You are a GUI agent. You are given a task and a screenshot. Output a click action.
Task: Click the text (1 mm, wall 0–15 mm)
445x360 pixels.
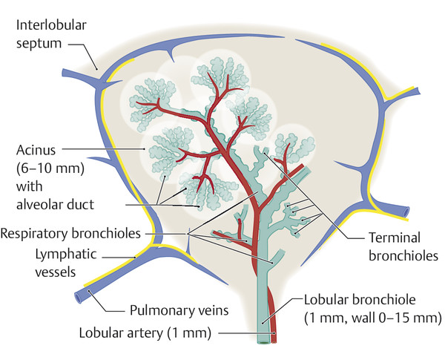374,319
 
